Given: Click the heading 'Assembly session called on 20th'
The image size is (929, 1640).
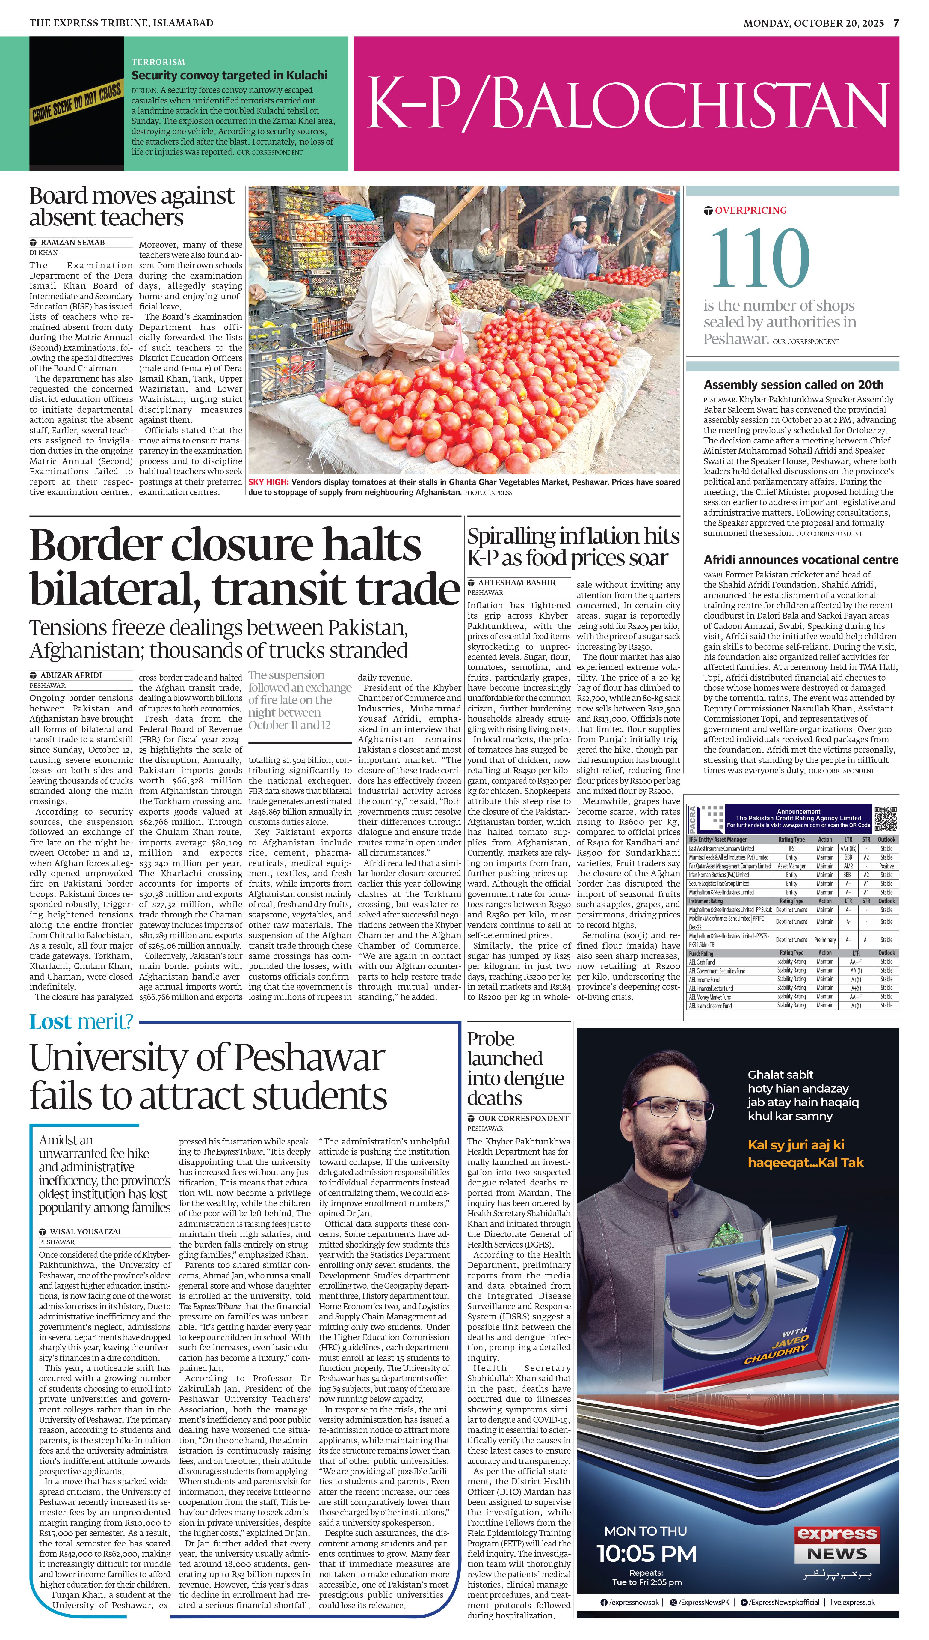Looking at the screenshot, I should (793, 384).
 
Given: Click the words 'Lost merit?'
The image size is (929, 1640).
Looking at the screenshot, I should (81, 1022).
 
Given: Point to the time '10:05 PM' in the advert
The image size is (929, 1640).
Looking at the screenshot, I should (646, 1553).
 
